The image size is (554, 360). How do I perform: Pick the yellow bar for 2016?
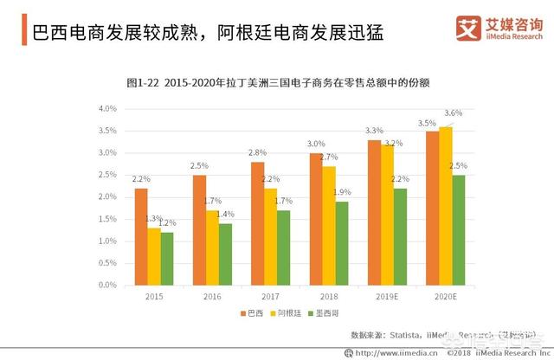click(x=212, y=247)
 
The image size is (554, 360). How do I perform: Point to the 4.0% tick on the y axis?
click(x=106, y=109)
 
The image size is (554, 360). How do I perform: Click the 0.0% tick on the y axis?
click(x=106, y=285)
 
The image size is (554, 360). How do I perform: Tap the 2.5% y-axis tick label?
click(x=106, y=175)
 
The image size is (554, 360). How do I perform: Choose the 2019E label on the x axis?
click(x=386, y=298)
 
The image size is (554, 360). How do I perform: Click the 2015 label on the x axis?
click(x=153, y=298)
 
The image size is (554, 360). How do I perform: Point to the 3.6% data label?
click(x=453, y=113)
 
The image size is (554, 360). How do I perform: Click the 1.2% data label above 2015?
click(x=166, y=223)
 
